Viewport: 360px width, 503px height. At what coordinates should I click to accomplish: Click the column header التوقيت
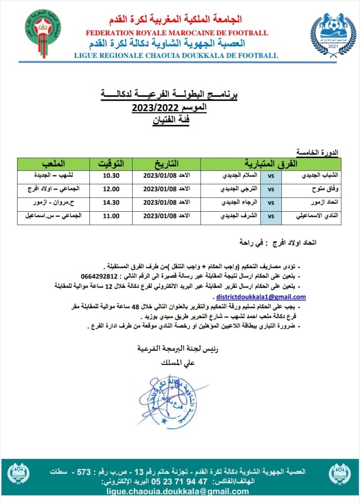pos(111,163)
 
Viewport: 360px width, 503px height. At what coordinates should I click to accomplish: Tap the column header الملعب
pos(53,163)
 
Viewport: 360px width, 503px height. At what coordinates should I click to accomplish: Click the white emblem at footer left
pos(19,474)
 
